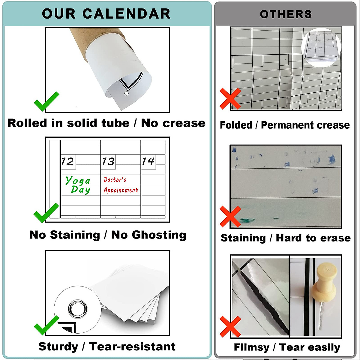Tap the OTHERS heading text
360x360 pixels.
pos(286,14)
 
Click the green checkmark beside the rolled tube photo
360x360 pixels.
pos(46,101)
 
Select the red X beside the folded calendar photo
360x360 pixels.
pos(230,98)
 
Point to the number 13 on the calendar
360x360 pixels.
pos(108,162)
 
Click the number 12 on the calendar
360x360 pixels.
pos(67,162)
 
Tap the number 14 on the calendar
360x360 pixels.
pos(148,162)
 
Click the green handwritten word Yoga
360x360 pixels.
pos(78,180)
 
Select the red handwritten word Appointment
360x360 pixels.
pos(121,190)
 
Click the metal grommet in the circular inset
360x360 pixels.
pos(78,308)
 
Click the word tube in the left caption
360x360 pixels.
pos(115,123)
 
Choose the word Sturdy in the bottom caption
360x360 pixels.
pos(58,346)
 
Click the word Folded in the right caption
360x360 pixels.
pos(236,125)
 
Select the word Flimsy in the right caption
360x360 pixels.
pos(251,347)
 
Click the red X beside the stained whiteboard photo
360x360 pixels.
pos(230,216)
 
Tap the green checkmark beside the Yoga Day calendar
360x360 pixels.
pos(46,212)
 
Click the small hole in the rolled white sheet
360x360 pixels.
pos(126,93)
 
